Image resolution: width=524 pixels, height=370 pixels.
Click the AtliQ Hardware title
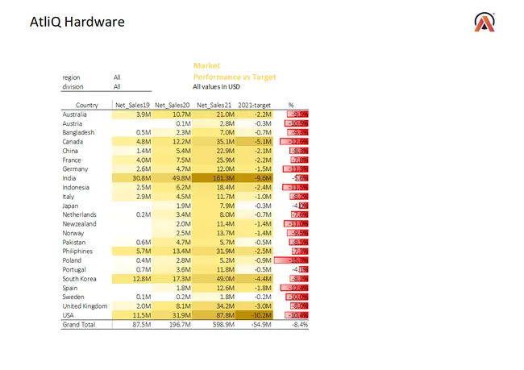pos(72,22)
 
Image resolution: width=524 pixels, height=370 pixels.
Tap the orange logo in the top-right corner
pos(485,23)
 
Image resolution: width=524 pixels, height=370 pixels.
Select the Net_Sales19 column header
pos(132,106)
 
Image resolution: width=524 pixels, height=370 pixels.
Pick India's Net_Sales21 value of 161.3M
pos(218,177)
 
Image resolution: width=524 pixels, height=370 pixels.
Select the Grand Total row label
pos(80,324)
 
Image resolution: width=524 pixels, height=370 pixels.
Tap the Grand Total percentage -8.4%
pos(299,324)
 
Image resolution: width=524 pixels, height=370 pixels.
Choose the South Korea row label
pos(81,278)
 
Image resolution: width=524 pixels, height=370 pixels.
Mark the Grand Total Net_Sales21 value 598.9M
pos(218,324)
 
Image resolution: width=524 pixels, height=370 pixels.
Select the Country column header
pos(87,106)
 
